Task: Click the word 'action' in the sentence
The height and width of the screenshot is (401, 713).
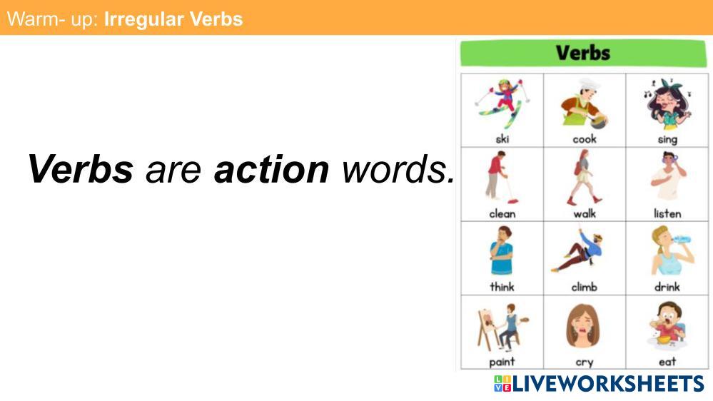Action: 271,169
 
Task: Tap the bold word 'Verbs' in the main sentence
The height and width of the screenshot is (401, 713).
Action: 81,169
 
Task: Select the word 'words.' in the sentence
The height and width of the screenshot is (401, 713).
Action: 398,169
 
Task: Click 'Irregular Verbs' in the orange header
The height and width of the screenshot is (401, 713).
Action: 173,19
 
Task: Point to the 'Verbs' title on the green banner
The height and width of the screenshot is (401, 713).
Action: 583,53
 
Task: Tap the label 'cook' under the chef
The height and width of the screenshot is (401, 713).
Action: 585,138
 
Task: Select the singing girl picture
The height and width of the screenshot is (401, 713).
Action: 667,105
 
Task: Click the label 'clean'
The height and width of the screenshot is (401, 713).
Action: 502,213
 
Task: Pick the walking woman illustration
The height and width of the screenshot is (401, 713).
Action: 585,178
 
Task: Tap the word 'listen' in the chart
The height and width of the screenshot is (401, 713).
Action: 667,213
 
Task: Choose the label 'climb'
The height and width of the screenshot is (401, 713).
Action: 585,287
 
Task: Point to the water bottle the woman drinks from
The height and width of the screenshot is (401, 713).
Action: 682,239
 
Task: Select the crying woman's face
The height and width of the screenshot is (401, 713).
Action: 583,327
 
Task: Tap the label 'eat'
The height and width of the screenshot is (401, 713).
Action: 667,362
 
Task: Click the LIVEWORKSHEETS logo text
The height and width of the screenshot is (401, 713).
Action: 608,384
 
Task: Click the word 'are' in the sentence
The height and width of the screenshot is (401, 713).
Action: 173,170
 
